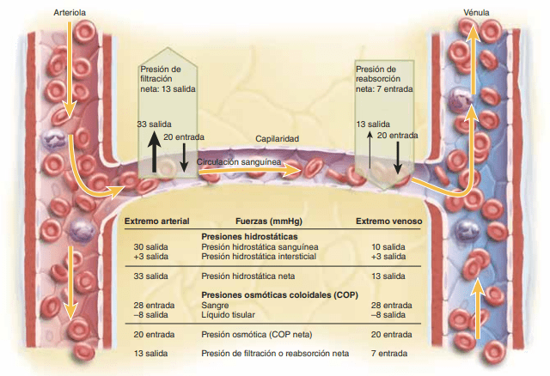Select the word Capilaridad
[x=277, y=139]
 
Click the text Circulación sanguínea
[x=242, y=160]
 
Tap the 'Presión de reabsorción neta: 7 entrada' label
[x=384, y=78]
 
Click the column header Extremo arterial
[x=157, y=221]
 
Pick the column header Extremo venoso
[x=388, y=221]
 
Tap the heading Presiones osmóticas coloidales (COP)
[x=269, y=294]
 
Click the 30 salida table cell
[x=150, y=246]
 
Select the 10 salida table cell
[x=388, y=246]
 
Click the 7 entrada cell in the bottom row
[x=388, y=354]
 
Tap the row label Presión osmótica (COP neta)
[x=254, y=334]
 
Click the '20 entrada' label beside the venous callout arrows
[x=398, y=135]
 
